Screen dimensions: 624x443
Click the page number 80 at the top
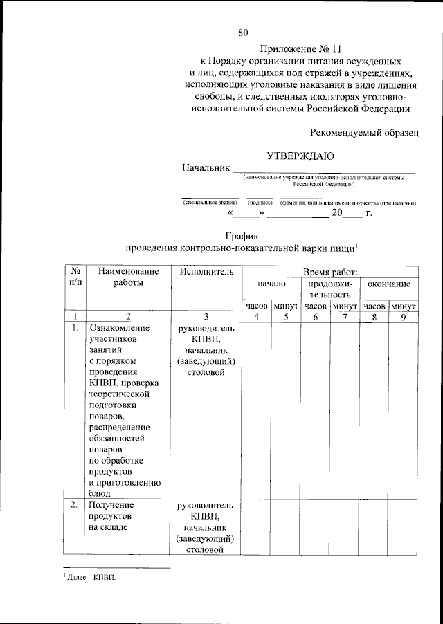(243, 32)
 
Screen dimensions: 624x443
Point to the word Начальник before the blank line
(205, 168)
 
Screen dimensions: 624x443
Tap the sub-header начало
(271, 284)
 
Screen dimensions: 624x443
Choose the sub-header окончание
(389, 284)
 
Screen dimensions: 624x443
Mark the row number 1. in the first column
(75, 328)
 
